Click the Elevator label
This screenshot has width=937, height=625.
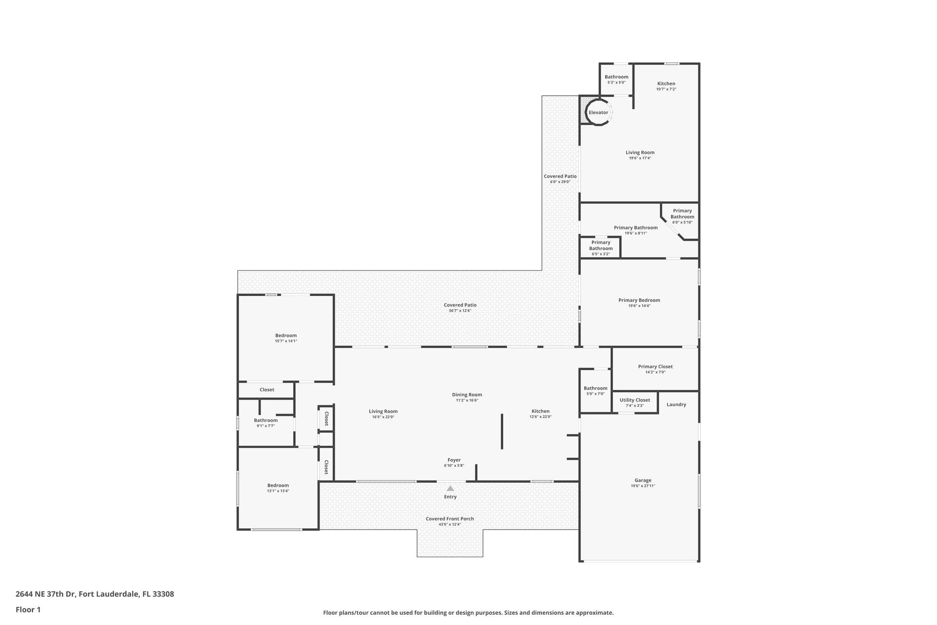(598, 113)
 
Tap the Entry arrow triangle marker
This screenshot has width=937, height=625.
(450, 488)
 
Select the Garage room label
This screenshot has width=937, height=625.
(643, 480)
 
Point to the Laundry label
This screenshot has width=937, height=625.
(676, 405)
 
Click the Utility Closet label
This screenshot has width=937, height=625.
(635, 400)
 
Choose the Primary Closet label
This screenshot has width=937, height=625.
(655, 367)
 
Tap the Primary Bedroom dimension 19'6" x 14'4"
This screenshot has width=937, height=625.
(639, 306)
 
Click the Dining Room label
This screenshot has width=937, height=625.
(467, 395)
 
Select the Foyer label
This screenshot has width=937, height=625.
(454, 460)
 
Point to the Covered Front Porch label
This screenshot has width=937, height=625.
(450, 519)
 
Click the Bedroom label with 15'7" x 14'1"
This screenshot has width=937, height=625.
(286, 335)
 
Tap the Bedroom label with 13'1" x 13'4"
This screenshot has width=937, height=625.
(278, 485)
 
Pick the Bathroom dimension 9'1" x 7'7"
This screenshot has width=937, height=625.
(266, 426)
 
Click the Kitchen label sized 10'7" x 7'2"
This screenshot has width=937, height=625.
(666, 83)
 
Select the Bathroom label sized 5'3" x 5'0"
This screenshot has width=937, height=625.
(617, 77)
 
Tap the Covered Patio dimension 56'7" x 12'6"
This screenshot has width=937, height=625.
(460, 311)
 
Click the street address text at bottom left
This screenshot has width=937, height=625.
(95, 594)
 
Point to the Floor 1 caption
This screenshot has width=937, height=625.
(28, 609)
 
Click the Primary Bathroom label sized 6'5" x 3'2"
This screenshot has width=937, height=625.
(601, 246)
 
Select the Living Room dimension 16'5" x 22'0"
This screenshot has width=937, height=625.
(383, 417)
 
